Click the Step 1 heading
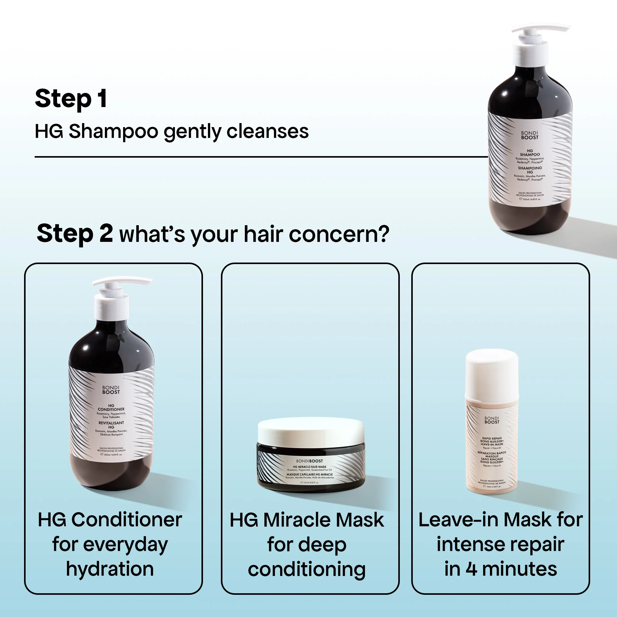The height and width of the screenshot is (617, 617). [71, 99]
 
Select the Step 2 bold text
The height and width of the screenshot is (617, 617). [74, 234]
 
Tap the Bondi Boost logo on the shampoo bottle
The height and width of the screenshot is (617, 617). [529, 135]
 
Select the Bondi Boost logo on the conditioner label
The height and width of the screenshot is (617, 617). [111, 390]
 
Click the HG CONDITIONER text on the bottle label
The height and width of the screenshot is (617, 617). [111, 408]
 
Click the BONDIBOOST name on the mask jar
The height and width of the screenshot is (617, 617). [309, 461]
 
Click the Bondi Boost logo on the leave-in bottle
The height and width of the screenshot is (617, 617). [491, 420]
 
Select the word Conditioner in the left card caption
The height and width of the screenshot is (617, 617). [126, 520]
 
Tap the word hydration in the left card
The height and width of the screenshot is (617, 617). [110, 569]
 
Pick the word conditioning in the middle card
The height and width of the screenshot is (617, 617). [307, 570]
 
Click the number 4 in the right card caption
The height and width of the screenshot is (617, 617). [471, 569]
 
